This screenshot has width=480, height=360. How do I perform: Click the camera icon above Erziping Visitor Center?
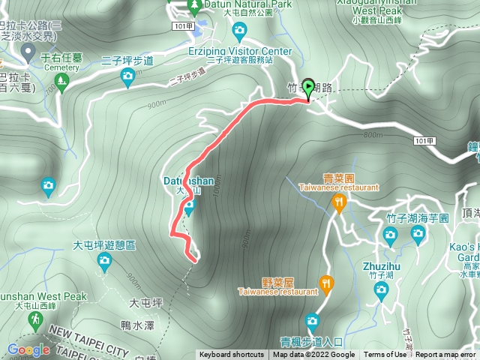point(240,31)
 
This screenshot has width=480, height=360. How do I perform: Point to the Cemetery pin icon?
point(28,52)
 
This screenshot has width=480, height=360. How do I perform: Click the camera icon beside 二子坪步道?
point(127,74)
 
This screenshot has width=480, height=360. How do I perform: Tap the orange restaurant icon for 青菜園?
point(340,201)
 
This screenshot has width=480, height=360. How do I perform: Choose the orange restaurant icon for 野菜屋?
point(325,283)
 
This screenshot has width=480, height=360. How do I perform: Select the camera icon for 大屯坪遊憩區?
point(104,260)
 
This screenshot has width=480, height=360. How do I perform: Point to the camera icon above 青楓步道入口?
point(312,321)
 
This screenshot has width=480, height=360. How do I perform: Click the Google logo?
point(28,349)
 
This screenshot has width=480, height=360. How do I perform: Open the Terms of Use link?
point(385,355)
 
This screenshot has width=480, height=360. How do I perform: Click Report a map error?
point(446,355)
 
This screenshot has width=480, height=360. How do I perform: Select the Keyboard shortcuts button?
point(231,355)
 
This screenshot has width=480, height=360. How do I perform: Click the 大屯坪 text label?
point(145,304)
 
